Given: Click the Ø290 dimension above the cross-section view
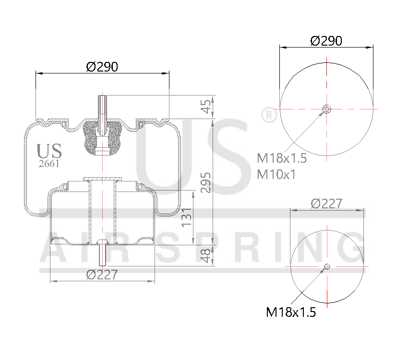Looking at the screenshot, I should pyautogui.click(x=102, y=67).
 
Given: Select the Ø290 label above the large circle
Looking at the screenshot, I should pyautogui.click(x=326, y=41).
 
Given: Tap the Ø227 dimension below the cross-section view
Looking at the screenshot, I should pyautogui.click(x=102, y=274).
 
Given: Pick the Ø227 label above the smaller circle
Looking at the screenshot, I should pyautogui.click(x=326, y=204).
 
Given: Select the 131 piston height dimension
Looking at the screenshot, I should pyautogui.click(x=187, y=217).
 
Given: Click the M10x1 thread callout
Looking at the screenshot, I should pyautogui.click(x=276, y=174).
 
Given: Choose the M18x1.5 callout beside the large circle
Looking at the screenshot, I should pyautogui.click(x=282, y=158).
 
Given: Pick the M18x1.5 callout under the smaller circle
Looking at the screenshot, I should pyautogui.click(x=291, y=312).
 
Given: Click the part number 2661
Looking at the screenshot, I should pyautogui.click(x=49, y=163).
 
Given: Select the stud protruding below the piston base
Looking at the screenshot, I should pyautogui.click(x=102, y=255).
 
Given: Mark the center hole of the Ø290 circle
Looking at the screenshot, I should pyautogui.click(x=326, y=109).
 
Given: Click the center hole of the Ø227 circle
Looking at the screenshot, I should pyautogui.click(x=327, y=266).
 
